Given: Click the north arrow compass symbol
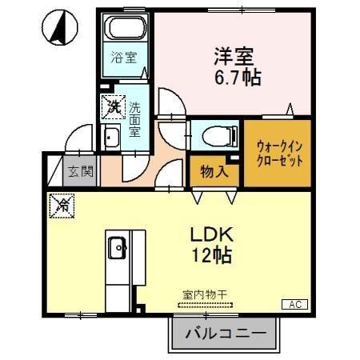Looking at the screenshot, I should pyautogui.click(x=57, y=28).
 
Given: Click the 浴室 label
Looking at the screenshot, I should pyautogui.click(x=123, y=58).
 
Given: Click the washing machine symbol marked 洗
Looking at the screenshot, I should pyautogui.click(x=114, y=106).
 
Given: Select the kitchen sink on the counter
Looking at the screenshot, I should pyautogui.click(x=118, y=248).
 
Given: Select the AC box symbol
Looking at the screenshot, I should pyautogui.click(x=293, y=304).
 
